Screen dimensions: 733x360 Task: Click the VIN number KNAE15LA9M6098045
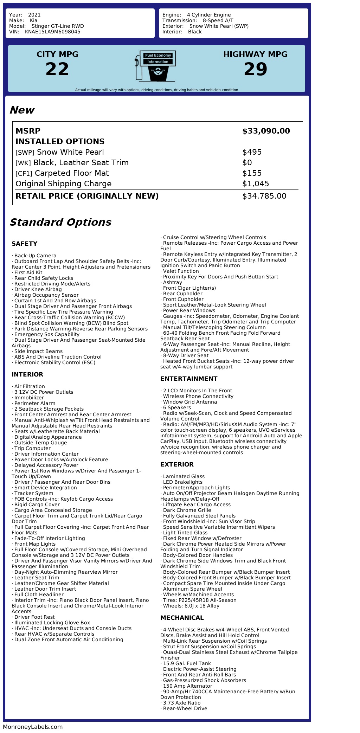(52, 32)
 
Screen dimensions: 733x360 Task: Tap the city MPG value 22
(57, 69)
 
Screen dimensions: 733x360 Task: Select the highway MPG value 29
(255, 69)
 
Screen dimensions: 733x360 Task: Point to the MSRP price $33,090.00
(266, 131)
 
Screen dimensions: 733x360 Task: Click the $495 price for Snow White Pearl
(252, 152)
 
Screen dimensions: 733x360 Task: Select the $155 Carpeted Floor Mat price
(252, 173)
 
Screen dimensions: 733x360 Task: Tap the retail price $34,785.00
(264, 196)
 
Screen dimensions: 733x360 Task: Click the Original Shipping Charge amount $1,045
(256, 184)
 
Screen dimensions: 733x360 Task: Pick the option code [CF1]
(24, 174)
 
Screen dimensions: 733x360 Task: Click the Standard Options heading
(60, 222)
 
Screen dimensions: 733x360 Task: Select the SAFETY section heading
(24, 244)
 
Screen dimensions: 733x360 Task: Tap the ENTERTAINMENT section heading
(189, 379)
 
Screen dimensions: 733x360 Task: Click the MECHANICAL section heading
(182, 618)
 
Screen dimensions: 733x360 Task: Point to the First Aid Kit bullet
(28, 272)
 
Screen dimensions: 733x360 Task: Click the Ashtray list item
(172, 282)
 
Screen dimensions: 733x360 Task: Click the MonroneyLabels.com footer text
(33, 727)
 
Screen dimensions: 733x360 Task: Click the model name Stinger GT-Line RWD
(58, 26)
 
